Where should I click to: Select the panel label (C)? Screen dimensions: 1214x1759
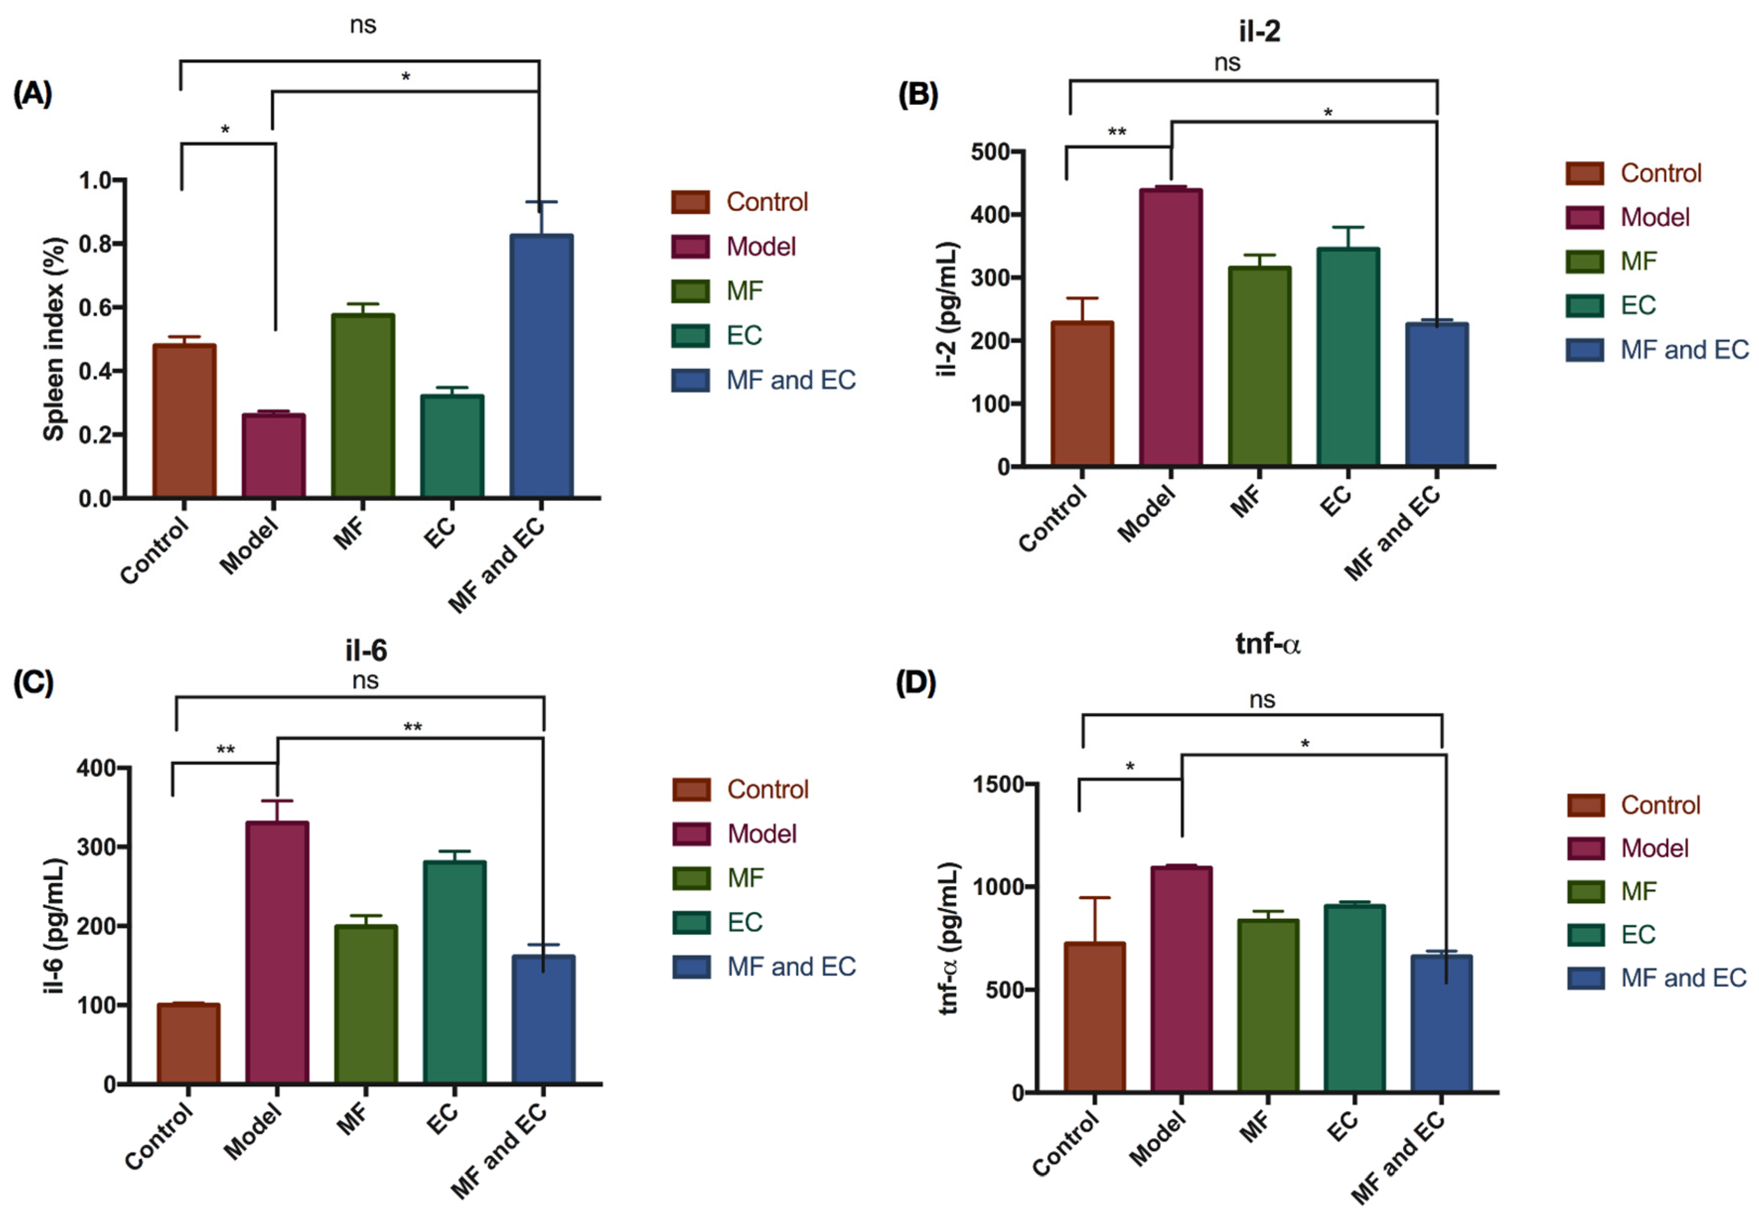click(33, 683)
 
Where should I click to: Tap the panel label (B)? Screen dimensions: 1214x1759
click(918, 94)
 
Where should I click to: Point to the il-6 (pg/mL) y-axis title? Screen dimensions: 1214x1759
click(54, 926)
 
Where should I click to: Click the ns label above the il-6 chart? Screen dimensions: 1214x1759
click(365, 680)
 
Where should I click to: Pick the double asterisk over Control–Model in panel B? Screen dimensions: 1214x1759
click(1116, 132)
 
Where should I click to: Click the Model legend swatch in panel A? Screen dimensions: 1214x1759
click(690, 246)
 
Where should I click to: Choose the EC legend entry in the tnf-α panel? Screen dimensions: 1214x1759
click(1636, 934)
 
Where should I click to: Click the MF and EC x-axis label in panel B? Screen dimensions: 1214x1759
click(1391, 533)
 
